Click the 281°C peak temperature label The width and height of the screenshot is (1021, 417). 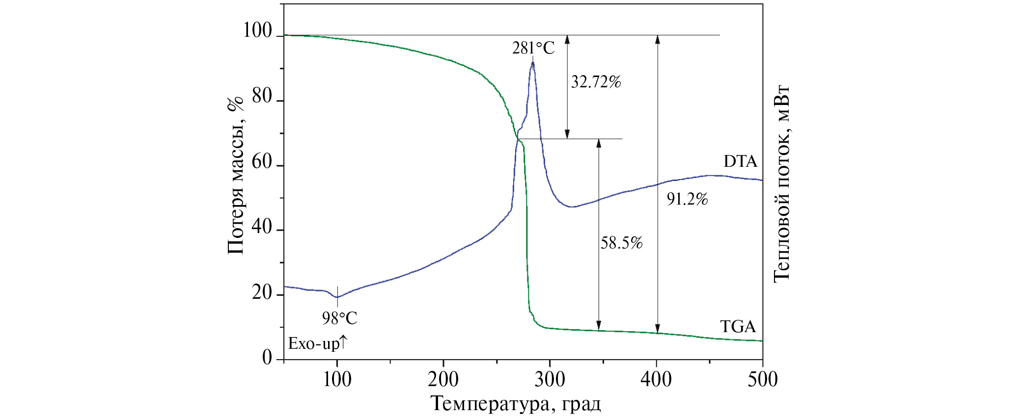[533, 48]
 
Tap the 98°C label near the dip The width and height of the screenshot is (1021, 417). [339, 318]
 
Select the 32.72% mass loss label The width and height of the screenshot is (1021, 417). [596, 81]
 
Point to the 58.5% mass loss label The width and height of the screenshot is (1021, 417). [621, 242]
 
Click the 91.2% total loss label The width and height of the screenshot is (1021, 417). [687, 199]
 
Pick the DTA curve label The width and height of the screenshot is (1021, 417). [740, 161]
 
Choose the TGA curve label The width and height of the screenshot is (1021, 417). [738, 327]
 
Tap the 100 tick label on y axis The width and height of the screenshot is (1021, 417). [257, 31]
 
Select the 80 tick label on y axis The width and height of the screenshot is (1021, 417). [262, 97]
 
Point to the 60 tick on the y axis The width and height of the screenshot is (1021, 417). [262, 162]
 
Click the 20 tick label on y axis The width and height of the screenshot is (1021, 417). [262, 293]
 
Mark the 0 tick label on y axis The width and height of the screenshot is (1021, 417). [267, 357]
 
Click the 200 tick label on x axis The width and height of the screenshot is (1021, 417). [443, 379]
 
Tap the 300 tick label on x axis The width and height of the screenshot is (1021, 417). [550, 379]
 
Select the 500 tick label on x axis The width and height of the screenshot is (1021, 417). [762, 379]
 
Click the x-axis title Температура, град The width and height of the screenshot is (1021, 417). [516, 404]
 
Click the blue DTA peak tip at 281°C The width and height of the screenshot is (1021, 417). [532, 62]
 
